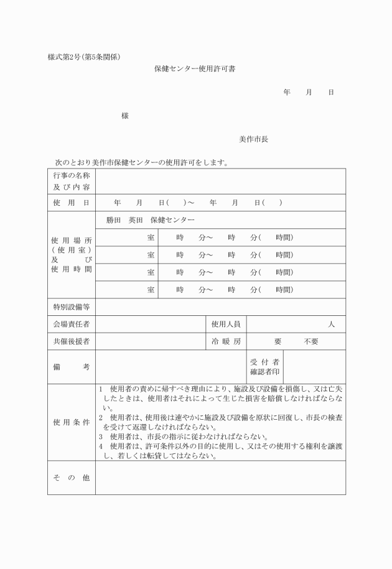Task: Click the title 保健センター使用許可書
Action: coord(194,69)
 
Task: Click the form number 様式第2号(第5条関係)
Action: coord(84,58)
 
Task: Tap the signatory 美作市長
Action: coord(253,139)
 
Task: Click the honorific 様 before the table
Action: coord(125,116)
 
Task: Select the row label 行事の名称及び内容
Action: coord(72,181)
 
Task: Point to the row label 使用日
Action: coord(72,203)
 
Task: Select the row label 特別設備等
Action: coord(72,307)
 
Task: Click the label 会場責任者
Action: coord(72,325)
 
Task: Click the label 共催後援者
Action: coord(72,341)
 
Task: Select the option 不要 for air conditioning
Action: coord(310,341)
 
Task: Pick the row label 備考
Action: coord(72,367)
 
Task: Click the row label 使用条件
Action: coord(72,422)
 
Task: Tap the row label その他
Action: coord(72,478)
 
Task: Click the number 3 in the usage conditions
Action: coord(100,437)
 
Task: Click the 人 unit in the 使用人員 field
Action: coord(332,325)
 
